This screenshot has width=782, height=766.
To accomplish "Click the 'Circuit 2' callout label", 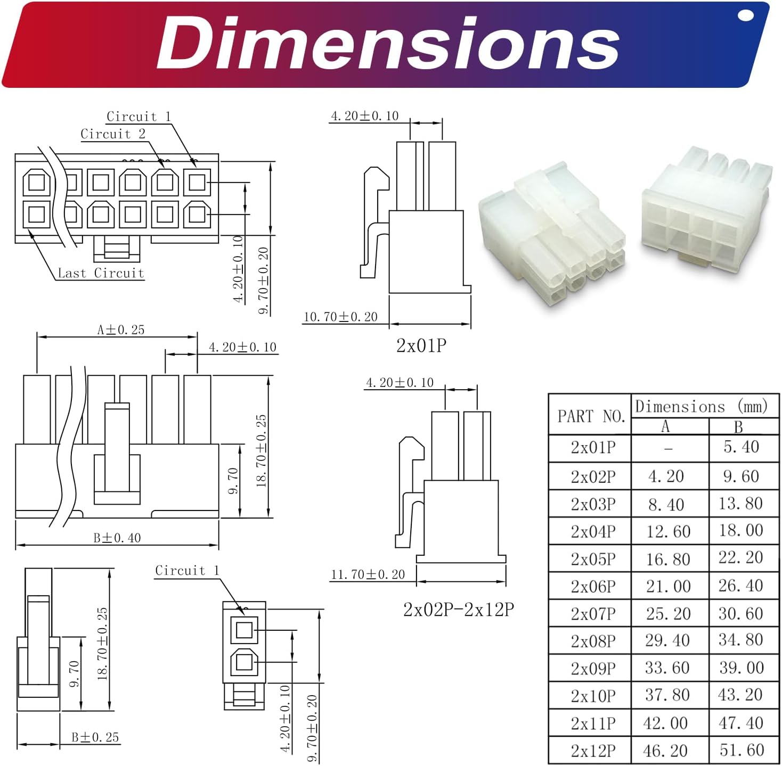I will (113, 134).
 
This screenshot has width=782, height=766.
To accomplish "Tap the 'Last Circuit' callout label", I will (101, 273).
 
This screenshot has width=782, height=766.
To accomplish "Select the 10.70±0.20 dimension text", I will (340, 317).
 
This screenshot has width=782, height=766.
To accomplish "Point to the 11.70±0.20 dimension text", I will (368, 574).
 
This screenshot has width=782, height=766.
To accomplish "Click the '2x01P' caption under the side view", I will (421, 346).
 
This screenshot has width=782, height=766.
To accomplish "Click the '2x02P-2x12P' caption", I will (458, 609).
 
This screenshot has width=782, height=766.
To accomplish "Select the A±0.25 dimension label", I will (120, 330).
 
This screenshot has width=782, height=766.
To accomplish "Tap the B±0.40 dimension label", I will (117, 538).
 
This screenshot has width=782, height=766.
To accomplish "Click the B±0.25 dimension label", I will (95, 738).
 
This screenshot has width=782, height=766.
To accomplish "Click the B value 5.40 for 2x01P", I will (741, 447).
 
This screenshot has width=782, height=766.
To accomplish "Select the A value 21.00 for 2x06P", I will (668, 587).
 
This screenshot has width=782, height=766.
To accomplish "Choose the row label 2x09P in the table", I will (593, 669).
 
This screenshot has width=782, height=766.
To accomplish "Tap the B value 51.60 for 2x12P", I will (742, 751).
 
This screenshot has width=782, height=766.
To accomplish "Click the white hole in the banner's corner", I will (746, 15).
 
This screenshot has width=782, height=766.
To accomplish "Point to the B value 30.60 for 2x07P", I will (740, 614).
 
